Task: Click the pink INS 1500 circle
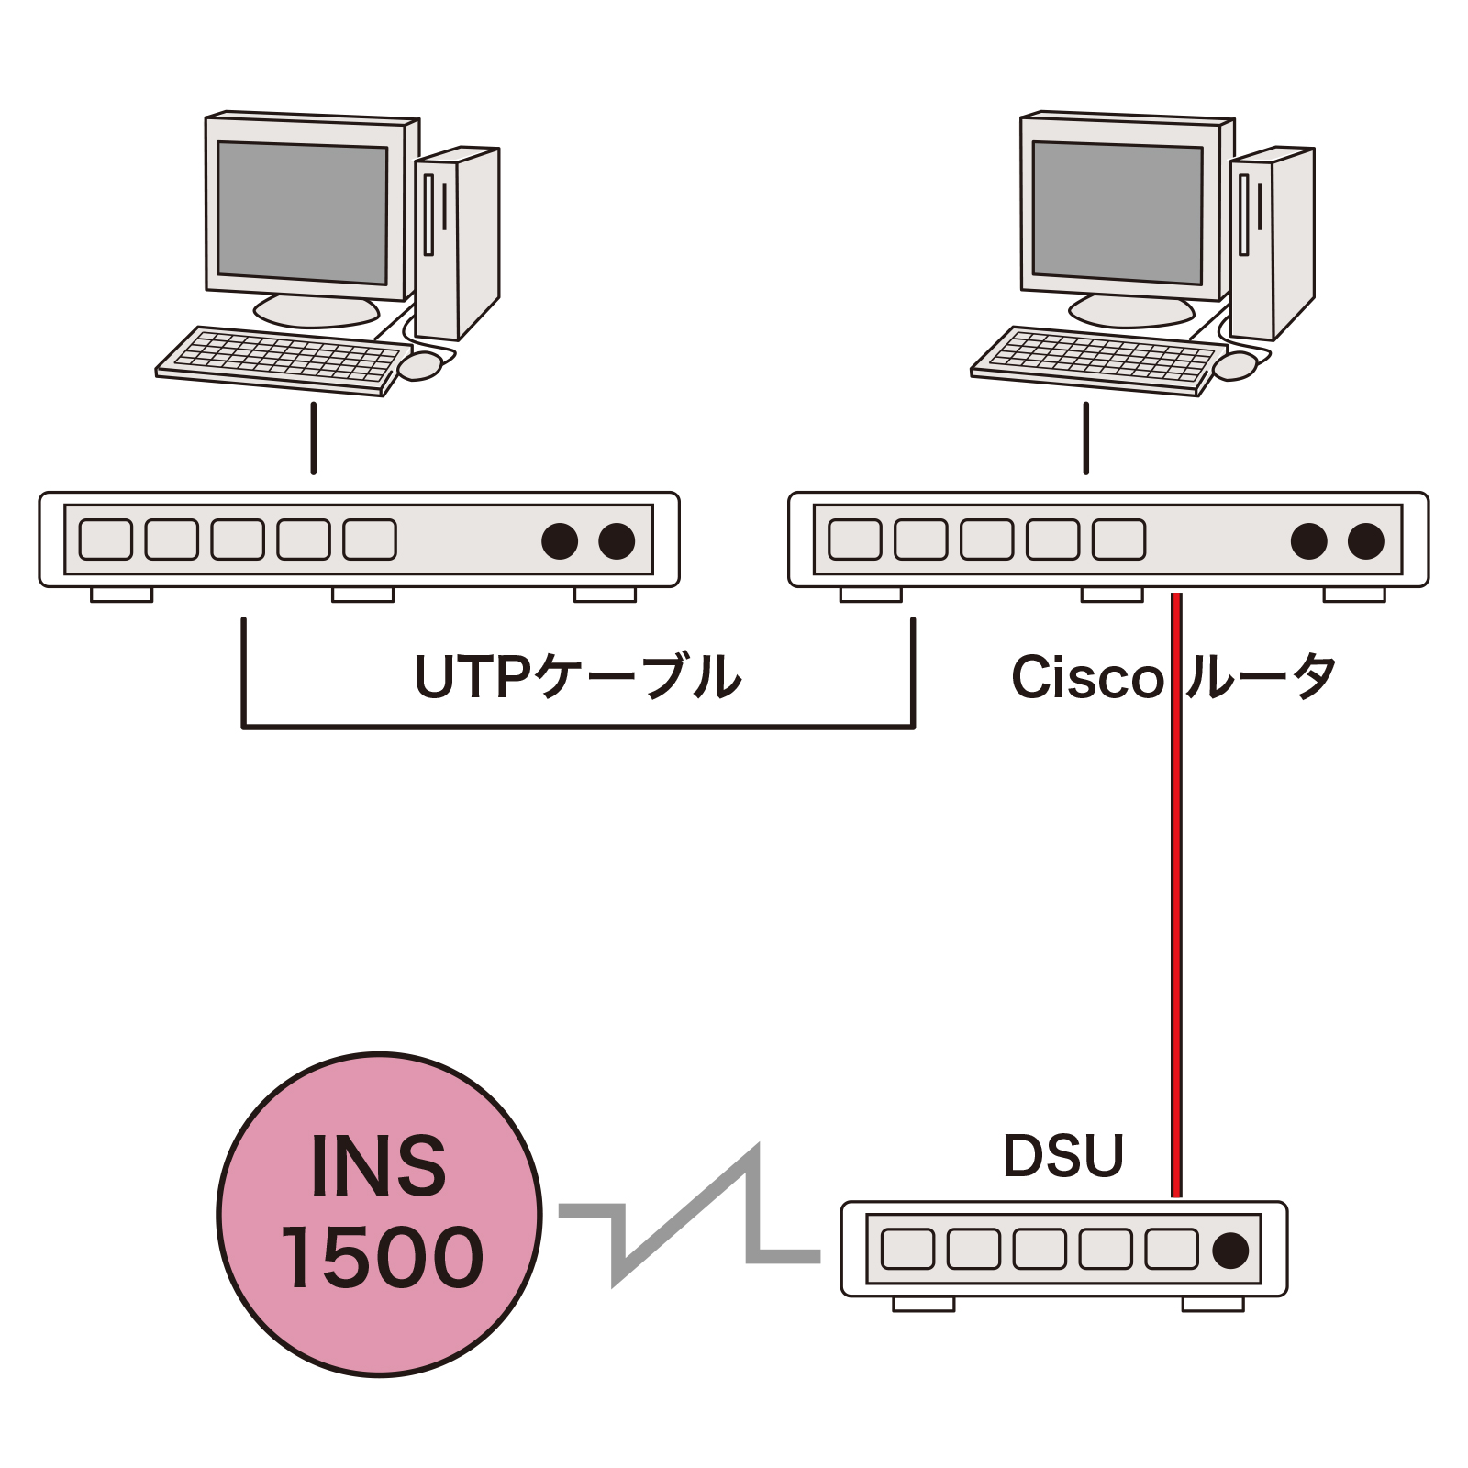[379, 1214]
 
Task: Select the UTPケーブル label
[578, 677]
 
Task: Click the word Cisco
[1087, 678]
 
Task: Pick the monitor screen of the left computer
[303, 213]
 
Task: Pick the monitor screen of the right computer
[1118, 213]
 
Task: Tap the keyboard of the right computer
[1097, 359]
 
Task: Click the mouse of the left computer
[420, 365]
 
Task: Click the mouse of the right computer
[1235, 365]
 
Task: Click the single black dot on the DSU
[1230, 1250]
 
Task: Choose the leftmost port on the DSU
[907, 1249]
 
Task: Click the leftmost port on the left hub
[106, 539]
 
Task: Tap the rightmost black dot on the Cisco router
[1365, 541]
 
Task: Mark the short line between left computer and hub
[314, 438]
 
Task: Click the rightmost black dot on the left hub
[617, 541]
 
